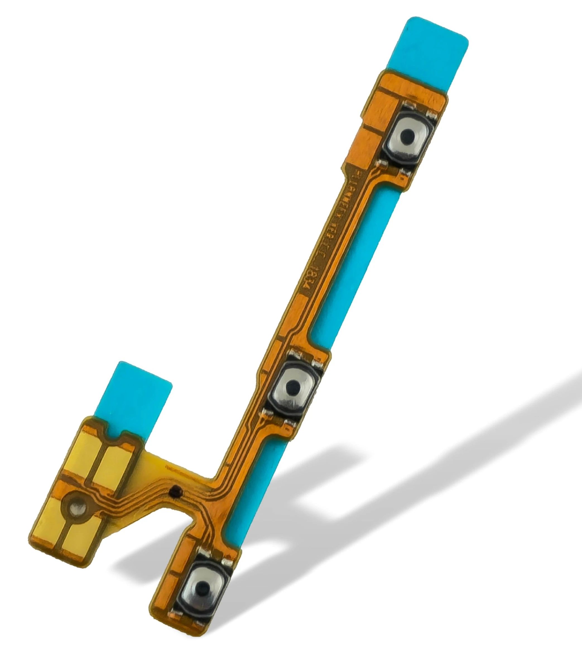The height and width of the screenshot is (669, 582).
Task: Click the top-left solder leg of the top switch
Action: (408, 105)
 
